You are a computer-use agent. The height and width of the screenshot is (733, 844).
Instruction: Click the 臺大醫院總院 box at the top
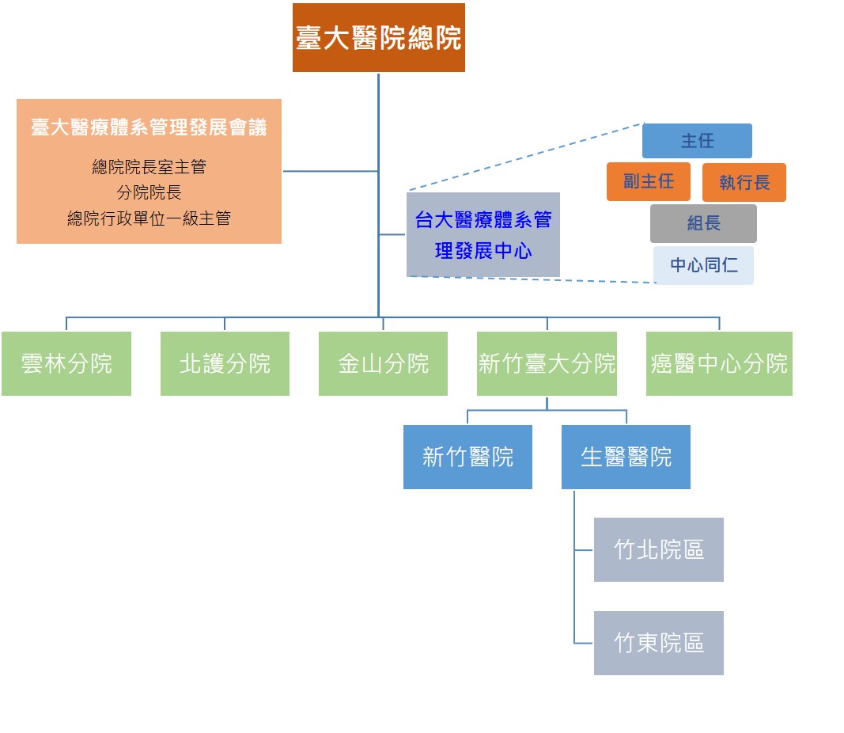coord(378,37)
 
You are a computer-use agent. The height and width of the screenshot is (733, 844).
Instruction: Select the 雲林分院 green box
coord(66,363)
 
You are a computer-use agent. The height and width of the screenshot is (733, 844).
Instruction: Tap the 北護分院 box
coord(225,363)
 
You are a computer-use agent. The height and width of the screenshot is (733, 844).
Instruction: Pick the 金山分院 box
coord(383,363)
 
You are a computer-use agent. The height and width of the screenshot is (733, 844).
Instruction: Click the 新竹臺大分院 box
coord(547,363)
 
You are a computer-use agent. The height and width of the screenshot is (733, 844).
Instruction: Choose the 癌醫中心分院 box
coord(719,363)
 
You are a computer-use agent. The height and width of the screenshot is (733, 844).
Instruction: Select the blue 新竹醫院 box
coord(467,457)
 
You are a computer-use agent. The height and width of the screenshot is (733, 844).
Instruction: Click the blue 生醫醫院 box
coord(626,457)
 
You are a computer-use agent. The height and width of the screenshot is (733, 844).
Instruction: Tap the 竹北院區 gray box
coord(659,549)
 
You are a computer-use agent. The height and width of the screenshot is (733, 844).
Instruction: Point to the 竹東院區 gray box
coord(659,643)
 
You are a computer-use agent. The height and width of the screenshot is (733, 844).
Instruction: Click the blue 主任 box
coord(697,141)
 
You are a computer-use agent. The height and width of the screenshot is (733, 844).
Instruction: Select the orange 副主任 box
coord(649,181)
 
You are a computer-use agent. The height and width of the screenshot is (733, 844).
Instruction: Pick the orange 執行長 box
coord(744,182)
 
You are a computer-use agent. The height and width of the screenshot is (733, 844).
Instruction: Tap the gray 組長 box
coord(703,223)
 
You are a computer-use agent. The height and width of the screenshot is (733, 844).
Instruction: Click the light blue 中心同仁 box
coord(703,265)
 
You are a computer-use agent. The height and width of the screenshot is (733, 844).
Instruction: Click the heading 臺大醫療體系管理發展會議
coord(149,127)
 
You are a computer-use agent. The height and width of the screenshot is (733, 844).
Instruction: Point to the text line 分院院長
coord(149,192)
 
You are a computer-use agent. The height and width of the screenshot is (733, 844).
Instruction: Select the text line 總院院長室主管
coord(149,167)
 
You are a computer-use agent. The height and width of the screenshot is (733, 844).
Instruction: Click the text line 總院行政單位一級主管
coord(149,218)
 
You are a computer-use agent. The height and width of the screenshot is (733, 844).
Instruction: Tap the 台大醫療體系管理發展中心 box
coord(483,235)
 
